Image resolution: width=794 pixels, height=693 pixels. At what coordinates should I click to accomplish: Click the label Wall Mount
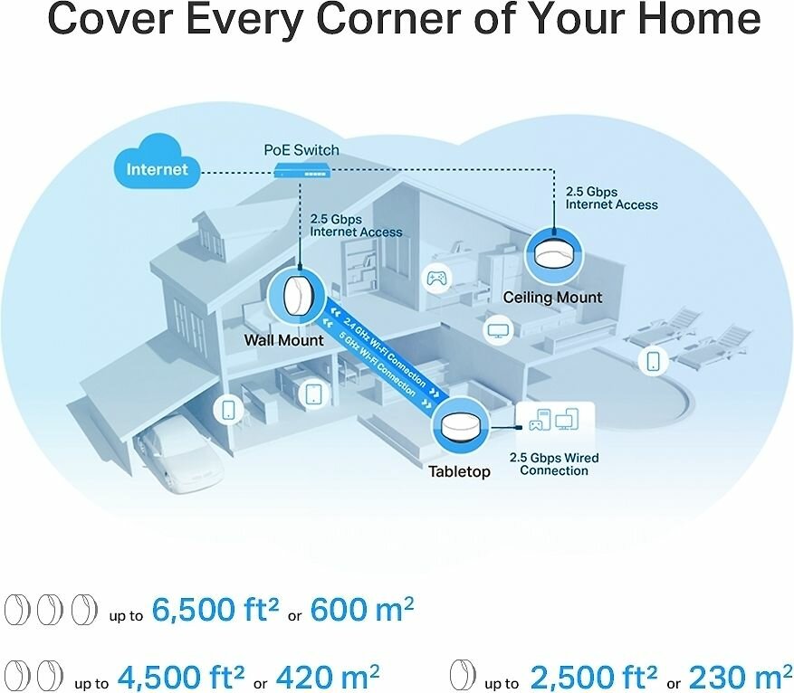coord(283,341)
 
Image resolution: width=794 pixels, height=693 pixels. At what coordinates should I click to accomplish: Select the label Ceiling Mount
coord(552,298)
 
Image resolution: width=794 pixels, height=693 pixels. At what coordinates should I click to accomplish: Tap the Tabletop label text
coord(460,471)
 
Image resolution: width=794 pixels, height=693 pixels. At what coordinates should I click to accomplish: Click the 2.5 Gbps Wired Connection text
coord(554,464)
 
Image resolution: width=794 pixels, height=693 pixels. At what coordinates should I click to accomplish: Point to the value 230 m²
coord(733,676)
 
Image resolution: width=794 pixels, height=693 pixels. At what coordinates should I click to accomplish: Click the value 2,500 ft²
coord(593,676)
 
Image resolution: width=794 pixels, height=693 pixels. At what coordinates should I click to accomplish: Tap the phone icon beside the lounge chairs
coord(652,361)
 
